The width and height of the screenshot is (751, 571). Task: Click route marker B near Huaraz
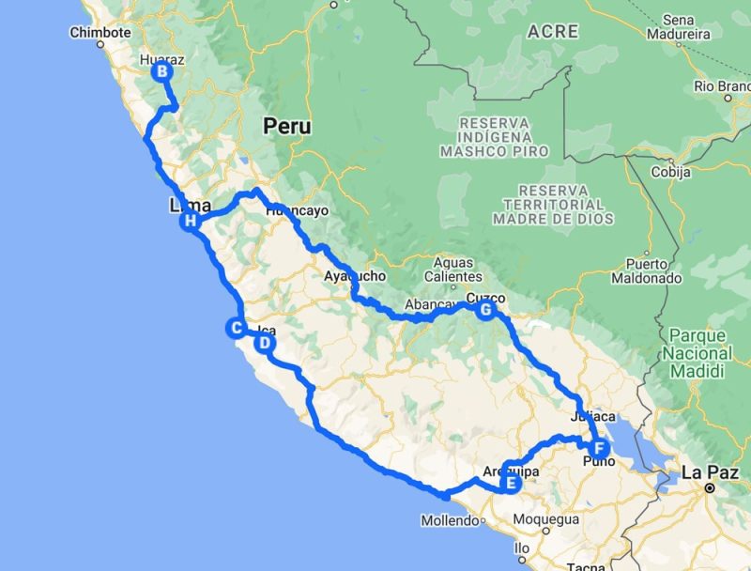[x=162, y=71]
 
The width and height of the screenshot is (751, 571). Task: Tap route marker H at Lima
[x=191, y=222]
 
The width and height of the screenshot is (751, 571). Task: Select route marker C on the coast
[x=235, y=328]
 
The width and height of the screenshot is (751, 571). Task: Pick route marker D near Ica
[x=265, y=343]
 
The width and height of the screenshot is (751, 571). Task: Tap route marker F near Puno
[x=600, y=447]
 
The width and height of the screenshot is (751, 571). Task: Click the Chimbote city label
[x=100, y=32]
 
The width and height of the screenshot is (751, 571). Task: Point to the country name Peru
[x=286, y=126]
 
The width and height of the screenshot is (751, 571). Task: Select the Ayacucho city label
[x=354, y=276]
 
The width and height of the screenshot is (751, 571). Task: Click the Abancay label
[x=431, y=304]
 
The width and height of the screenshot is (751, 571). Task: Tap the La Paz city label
[x=707, y=471]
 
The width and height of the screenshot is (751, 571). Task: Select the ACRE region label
[x=553, y=31]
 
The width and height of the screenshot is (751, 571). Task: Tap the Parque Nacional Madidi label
[x=697, y=353]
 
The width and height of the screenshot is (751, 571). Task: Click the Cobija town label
[x=671, y=172]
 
